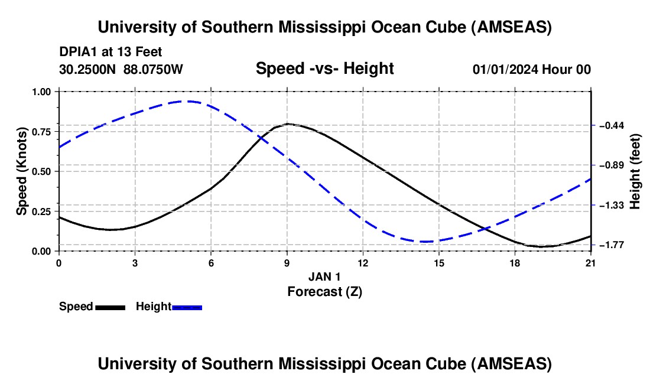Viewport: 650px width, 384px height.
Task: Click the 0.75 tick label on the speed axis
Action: (x=41, y=132)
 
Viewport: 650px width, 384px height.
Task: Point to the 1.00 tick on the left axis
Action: (x=41, y=92)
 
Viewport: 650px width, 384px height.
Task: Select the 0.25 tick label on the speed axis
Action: (x=41, y=211)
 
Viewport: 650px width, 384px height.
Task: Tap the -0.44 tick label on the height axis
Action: (x=612, y=125)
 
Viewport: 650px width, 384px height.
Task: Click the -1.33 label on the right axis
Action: (x=612, y=206)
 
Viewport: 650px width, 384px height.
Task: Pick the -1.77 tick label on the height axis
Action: (x=612, y=245)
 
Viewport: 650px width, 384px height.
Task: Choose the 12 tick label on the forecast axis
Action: (x=363, y=263)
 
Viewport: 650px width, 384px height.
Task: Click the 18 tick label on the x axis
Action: (x=515, y=263)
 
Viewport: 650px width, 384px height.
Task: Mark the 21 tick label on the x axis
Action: (x=591, y=263)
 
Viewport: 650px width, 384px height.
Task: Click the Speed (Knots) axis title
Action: (x=21, y=171)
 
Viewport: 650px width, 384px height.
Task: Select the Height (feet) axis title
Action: (x=635, y=171)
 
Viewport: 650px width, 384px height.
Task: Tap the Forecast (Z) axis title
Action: (x=325, y=292)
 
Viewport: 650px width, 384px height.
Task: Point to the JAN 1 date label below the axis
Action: (x=324, y=276)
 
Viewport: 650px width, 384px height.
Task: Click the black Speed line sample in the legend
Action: (x=110, y=307)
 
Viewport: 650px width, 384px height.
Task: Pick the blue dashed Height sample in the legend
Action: (x=187, y=307)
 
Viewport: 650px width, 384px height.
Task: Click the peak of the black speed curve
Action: (x=288, y=123)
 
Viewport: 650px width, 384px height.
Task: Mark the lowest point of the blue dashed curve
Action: (x=426, y=242)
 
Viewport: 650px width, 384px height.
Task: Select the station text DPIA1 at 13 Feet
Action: (x=110, y=52)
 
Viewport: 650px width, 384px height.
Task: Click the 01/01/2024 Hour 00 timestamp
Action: (x=532, y=69)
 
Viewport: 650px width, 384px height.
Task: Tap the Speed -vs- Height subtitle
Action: (x=325, y=69)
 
